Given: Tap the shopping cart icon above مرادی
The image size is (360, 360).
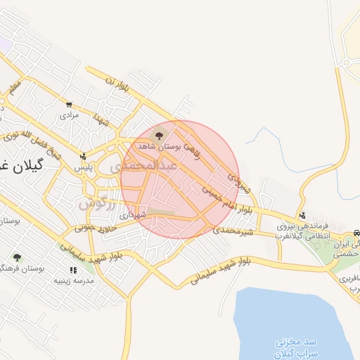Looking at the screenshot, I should pos(69,103).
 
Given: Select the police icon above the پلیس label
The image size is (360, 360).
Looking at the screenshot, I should pos(83,156).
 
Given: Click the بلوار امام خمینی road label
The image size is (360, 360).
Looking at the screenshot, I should pos(226,201).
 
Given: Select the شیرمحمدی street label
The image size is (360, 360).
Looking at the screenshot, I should pos(233,231).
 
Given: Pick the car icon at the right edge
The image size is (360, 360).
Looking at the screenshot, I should pos(356,231).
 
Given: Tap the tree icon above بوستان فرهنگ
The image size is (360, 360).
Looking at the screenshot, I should pos(16,258).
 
